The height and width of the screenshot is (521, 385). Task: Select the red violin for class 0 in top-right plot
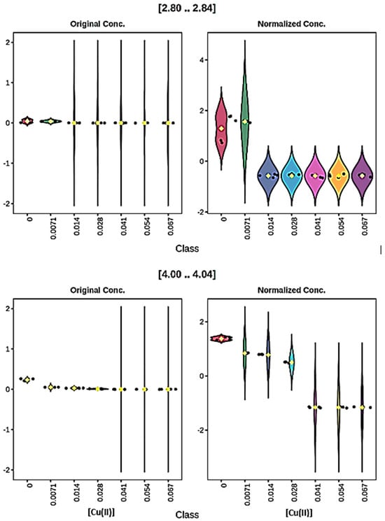[x=222, y=122]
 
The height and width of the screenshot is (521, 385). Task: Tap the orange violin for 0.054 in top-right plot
[x=339, y=175]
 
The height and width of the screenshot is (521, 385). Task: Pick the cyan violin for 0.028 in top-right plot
[x=292, y=175]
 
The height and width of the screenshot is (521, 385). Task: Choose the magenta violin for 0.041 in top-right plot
[x=316, y=175]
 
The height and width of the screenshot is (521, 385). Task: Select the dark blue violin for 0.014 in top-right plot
[x=268, y=175]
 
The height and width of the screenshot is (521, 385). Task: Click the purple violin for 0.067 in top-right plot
[x=362, y=175]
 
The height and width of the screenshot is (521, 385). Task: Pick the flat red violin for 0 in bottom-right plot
[x=222, y=338]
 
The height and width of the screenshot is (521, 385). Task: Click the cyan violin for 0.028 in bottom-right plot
[x=292, y=362]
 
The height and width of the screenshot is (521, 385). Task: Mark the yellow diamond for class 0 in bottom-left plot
[x=27, y=379]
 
